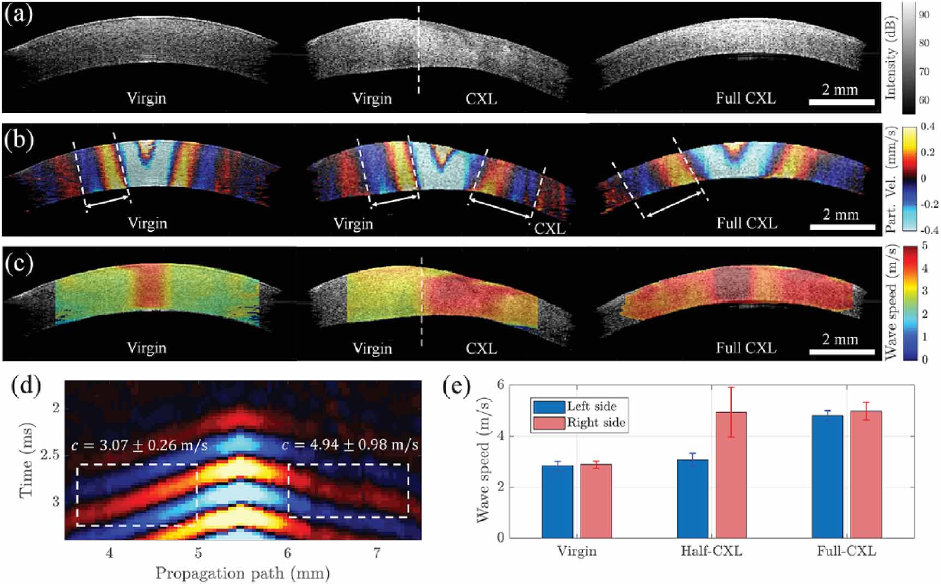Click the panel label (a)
point(18,14)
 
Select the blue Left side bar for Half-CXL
point(692,498)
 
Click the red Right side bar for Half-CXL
point(730,474)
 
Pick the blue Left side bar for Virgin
point(557,502)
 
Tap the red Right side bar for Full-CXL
point(866,474)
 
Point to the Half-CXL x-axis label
point(711,551)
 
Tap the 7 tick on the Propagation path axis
point(376,553)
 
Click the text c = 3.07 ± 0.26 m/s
point(139,445)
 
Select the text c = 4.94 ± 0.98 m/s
point(350,445)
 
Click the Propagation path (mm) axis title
point(242,574)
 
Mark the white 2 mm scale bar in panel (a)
point(841,102)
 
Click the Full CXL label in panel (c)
point(746,348)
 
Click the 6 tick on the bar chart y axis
point(500,385)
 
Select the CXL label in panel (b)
point(549,228)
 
